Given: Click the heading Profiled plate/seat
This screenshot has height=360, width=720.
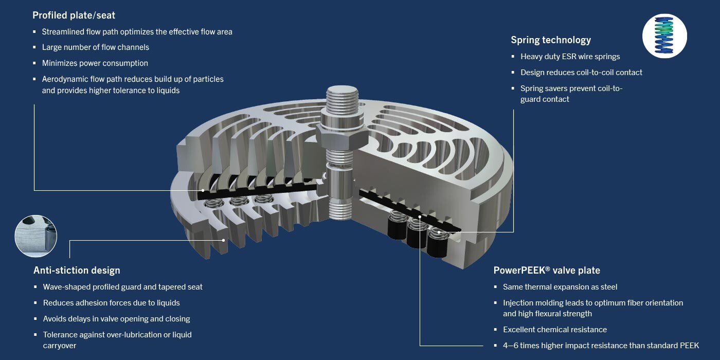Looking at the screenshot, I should [x=74, y=15].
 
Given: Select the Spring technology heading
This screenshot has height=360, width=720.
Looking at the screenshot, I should [x=551, y=40].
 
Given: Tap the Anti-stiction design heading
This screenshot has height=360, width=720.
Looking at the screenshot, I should [x=77, y=271].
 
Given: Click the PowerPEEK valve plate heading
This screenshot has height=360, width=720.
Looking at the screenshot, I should [x=547, y=271].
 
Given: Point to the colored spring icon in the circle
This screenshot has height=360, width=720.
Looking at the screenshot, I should [x=664, y=35].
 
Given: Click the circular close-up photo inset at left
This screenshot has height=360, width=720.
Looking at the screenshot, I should [x=35, y=236].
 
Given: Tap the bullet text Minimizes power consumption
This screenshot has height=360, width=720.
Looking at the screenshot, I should [x=95, y=63].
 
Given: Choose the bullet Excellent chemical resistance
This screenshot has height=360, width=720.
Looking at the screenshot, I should [x=555, y=330].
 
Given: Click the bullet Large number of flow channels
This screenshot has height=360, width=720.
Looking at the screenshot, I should [x=96, y=47].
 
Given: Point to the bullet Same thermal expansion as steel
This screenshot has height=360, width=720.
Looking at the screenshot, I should [x=560, y=287].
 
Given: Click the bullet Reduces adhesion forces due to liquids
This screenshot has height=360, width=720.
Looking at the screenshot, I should [x=112, y=303].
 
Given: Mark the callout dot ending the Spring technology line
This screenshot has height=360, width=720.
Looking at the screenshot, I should [x=439, y=232].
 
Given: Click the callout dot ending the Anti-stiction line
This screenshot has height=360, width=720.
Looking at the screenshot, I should [x=224, y=240].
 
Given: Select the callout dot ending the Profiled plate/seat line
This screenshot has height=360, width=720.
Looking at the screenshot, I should [x=203, y=190].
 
